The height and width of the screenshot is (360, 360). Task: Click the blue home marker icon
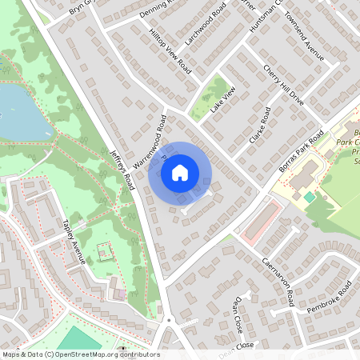click(180, 172)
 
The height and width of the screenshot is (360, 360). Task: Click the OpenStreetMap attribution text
click(80, 354)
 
